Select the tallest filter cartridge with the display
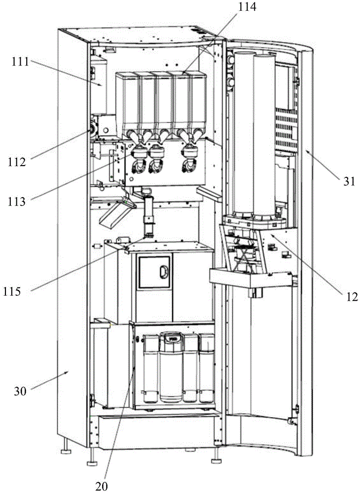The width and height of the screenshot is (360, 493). tap(172, 367)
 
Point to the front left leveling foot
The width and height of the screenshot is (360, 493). tap(92, 462)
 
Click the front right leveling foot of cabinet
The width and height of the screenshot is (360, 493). tap(216, 460)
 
